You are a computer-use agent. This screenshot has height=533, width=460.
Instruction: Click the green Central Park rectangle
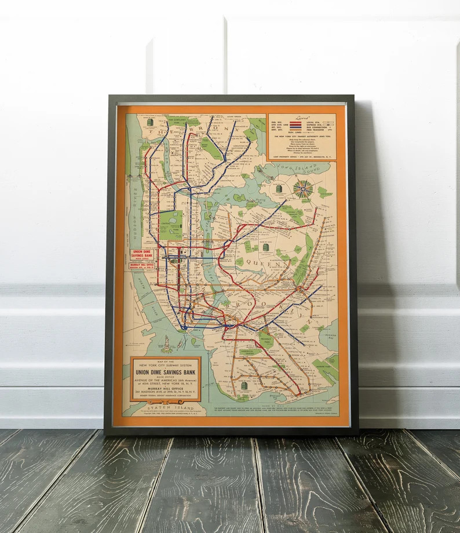(171, 225)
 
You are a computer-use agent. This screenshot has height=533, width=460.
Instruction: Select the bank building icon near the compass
(280, 189)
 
